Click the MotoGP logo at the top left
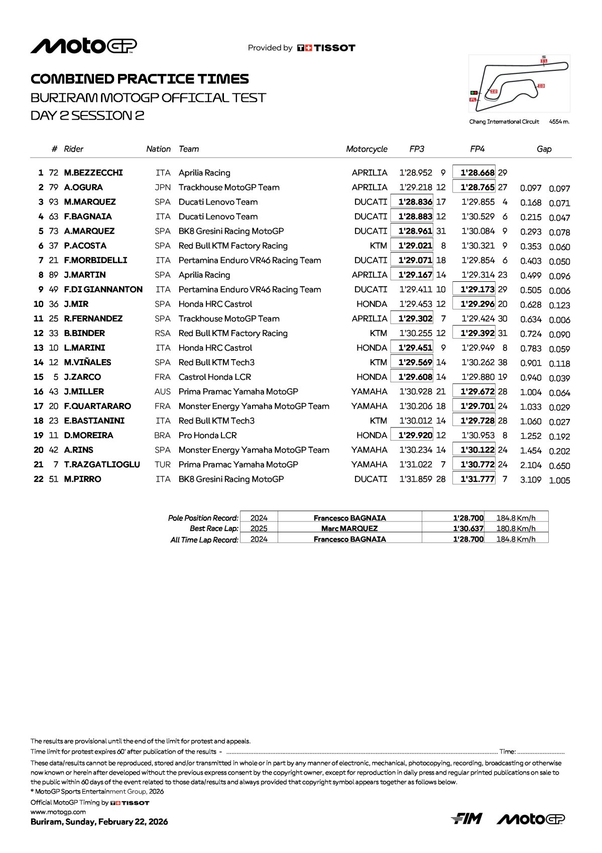(x=83, y=46)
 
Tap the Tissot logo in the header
(x=326, y=48)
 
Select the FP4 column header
(x=477, y=149)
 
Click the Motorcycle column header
(x=367, y=149)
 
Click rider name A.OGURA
(x=83, y=187)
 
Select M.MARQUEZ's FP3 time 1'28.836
(x=415, y=201)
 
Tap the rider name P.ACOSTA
(x=85, y=245)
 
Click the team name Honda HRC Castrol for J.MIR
(x=215, y=303)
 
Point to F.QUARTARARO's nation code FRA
(x=163, y=405)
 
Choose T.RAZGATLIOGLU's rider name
(x=102, y=464)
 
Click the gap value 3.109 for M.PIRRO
(x=531, y=479)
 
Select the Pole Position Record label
(x=203, y=517)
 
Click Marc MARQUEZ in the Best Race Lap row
(x=349, y=528)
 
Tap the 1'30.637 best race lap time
(x=468, y=528)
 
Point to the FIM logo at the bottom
(x=466, y=818)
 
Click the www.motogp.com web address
(x=58, y=811)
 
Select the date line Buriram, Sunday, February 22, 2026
(x=99, y=821)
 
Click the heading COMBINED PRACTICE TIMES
(x=140, y=79)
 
